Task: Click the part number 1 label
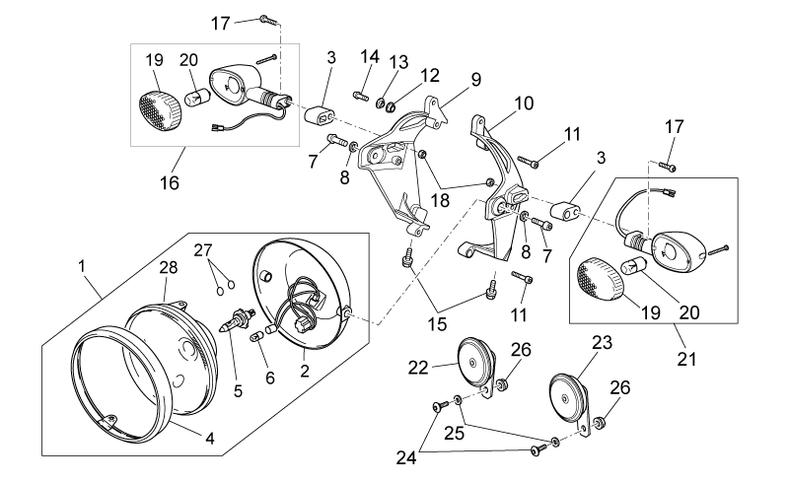(x=83, y=266)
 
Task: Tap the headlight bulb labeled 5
(x=236, y=319)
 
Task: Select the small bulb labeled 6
(x=257, y=335)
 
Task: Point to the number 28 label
(x=169, y=267)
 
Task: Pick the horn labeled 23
(x=569, y=400)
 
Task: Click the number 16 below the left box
(x=169, y=182)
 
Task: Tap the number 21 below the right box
(x=686, y=359)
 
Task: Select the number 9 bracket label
(x=476, y=80)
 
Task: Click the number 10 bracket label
(x=524, y=103)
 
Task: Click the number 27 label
(x=204, y=250)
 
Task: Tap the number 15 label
(x=438, y=324)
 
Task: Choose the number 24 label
(x=406, y=457)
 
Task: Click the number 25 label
(x=454, y=433)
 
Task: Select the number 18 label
(x=440, y=200)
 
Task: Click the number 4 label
(x=210, y=439)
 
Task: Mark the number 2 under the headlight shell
(x=305, y=372)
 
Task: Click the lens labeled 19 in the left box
(x=160, y=110)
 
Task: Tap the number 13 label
(x=398, y=62)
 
